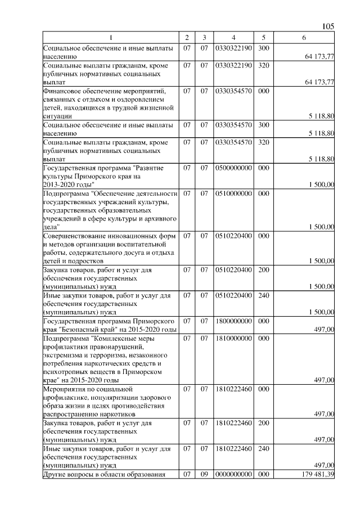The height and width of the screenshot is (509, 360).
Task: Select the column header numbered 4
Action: click(233, 37)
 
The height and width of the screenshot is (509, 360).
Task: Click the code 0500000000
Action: click(233, 168)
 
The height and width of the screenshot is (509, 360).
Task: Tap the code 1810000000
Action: click(233, 339)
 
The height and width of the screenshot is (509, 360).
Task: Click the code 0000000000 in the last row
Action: click(233, 475)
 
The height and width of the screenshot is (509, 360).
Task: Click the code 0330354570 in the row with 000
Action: click(233, 91)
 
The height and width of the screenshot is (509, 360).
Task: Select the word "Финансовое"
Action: click(62, 91)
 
